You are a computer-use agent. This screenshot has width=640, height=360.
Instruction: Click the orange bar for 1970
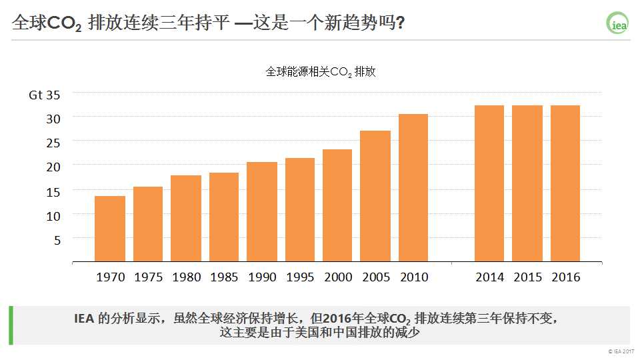coord(110,229)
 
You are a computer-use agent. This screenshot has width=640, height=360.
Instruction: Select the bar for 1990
coord(262,211)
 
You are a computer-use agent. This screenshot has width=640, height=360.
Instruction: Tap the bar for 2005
coord(375,196)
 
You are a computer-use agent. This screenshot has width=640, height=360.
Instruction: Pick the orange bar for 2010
coord(413,187)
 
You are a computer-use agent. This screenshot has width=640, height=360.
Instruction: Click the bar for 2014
coord(489,183)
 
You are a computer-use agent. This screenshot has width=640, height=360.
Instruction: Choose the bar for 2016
coord(565,183)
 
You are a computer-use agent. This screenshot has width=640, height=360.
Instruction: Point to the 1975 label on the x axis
coord(148,277)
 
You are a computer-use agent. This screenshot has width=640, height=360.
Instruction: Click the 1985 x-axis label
coord(224,277)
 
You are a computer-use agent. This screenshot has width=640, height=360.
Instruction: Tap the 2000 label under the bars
coord(338,277)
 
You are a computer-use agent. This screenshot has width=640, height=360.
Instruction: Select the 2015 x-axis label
coord(527,277)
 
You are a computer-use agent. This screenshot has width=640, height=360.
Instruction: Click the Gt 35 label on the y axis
coord(45,95)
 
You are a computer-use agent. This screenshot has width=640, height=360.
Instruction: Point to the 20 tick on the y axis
coord(53,166)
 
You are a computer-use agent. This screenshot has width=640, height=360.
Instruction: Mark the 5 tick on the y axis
coord(57,239)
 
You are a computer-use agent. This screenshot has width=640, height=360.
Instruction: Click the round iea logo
coord(617,23)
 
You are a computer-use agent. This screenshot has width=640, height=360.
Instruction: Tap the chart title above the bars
coord(321,72)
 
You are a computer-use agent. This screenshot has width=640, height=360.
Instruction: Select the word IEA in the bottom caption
coord(84,318)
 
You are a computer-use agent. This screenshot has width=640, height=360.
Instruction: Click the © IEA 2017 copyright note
coord(621,351)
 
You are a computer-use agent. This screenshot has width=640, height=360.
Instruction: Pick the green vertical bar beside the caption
coord(11,325)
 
